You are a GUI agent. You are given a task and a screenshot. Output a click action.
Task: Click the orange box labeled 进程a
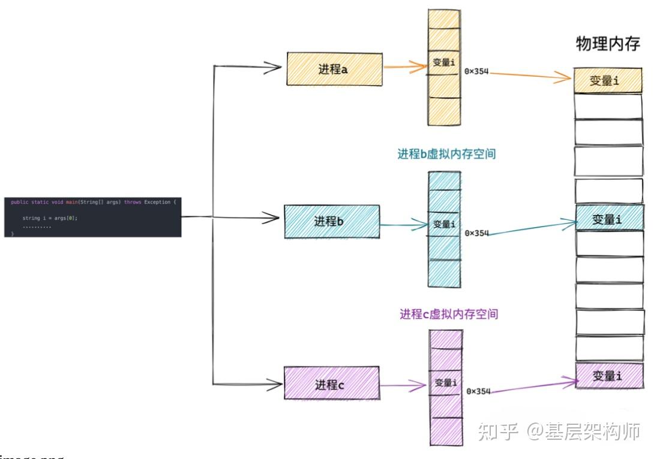[334, 70]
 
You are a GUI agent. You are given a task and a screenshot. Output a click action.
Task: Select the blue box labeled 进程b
[331, 222]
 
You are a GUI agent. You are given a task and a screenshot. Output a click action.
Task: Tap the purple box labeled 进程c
[331, 383]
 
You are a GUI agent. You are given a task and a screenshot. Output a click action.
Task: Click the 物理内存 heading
[608, 44]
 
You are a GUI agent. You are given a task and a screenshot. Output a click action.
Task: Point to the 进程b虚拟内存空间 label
[446, 154]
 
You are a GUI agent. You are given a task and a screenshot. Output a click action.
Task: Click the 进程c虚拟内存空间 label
[449, 313]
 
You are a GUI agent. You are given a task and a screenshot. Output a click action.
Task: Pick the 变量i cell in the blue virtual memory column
[444, 224]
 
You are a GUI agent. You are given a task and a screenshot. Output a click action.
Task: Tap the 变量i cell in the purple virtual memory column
[446, 382]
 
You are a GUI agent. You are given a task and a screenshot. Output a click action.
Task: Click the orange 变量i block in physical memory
[607, 80]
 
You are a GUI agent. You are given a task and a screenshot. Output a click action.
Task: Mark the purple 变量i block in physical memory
[609, 376]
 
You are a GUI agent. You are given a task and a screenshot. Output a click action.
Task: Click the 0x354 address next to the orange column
[476, 72]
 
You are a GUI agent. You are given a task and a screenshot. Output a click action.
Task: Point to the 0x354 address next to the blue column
[477, 233]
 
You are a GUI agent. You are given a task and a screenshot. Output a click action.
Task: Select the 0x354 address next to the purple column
[478, 391]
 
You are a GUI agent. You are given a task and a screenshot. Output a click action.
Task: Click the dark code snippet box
[92, 216]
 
